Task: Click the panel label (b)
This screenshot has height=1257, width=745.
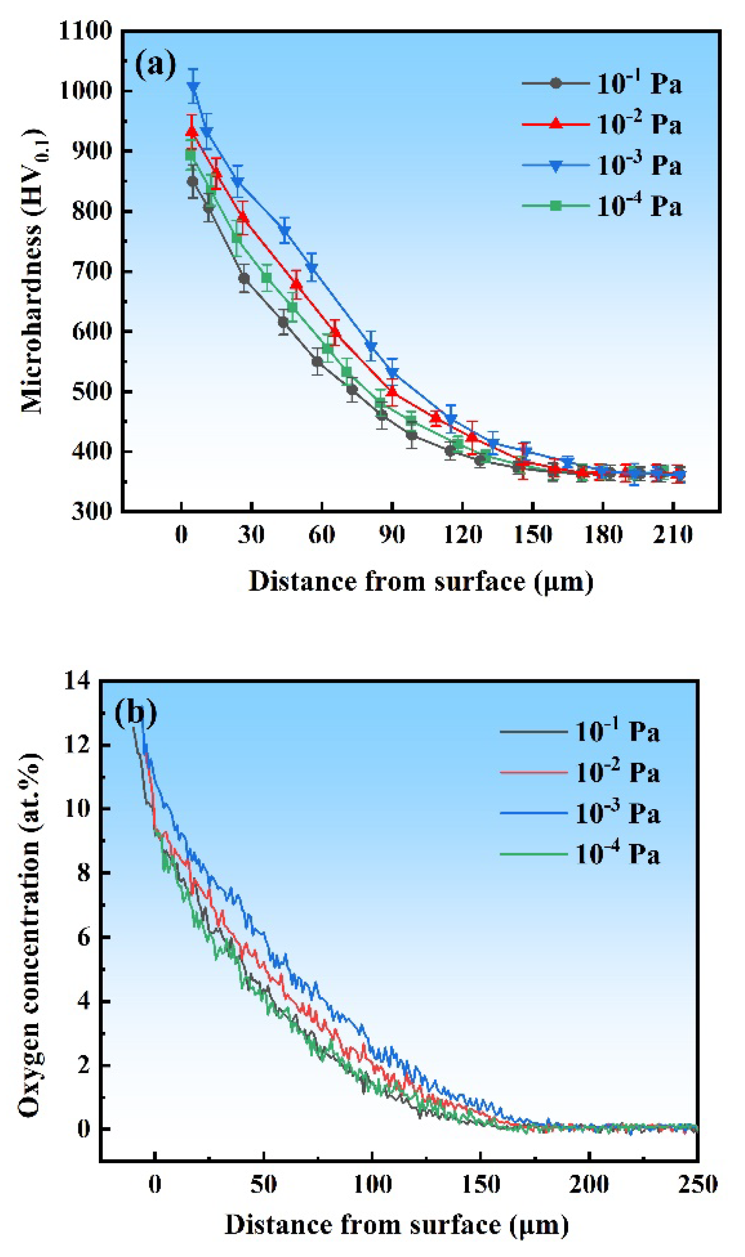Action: (135, 713)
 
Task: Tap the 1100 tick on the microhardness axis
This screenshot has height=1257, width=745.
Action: (86, 31)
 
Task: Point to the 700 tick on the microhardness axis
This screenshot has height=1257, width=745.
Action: (92, 272)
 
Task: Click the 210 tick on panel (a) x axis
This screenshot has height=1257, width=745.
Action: (673, 535)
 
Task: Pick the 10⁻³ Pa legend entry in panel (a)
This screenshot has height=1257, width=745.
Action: (603, 166)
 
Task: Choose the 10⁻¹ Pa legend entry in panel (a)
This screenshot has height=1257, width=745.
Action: (603, 83)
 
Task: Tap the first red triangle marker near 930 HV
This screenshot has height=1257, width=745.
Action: (192, 132)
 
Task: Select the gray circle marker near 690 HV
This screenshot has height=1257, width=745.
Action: (244, 278)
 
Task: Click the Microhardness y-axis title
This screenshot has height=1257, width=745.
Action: (33, 271)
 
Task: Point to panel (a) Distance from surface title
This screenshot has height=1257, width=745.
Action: (420, 582)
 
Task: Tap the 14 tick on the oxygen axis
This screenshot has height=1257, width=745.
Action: (77, 681)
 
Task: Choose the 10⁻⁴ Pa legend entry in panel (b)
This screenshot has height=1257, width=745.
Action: (580, 855)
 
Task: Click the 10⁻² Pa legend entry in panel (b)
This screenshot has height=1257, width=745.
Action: (580, 773)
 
